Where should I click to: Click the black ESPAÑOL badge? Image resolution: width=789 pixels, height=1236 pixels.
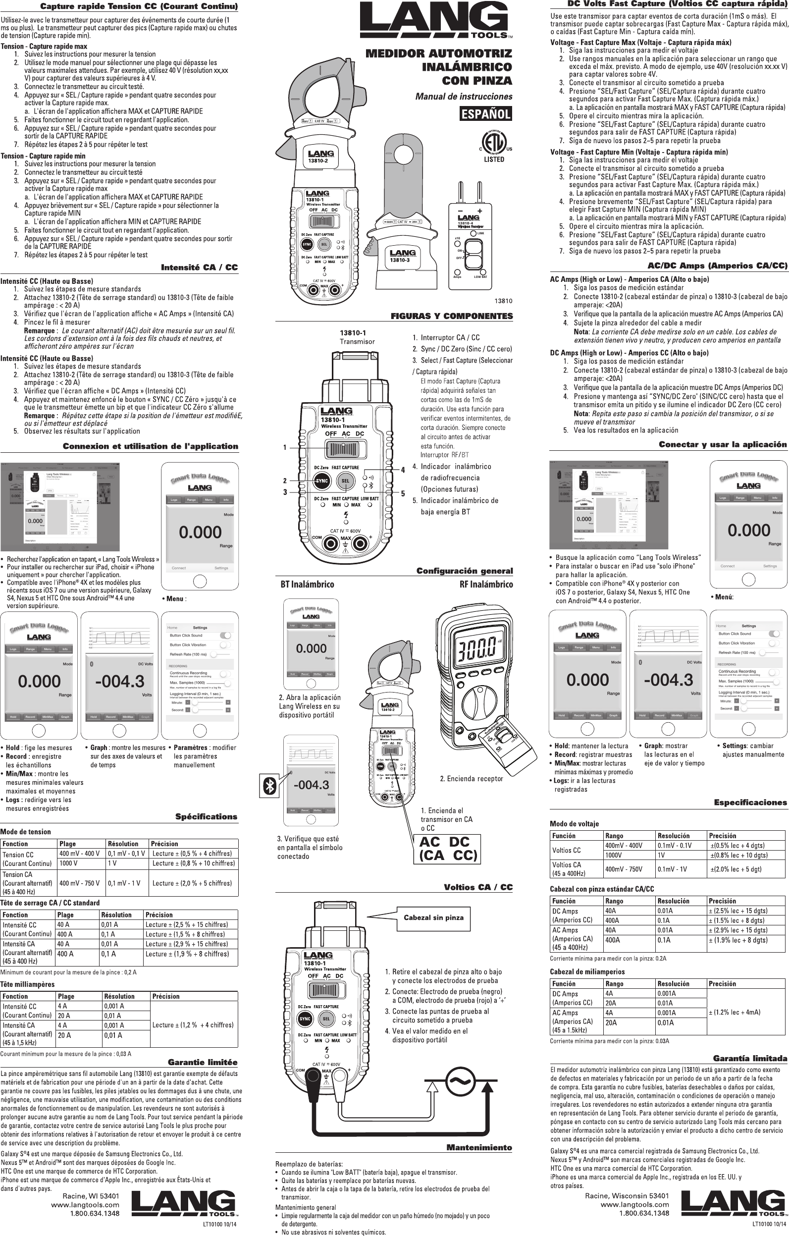pyautogui.click(x=485, y=113)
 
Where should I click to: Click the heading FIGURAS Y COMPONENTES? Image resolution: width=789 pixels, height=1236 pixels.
pyautogui.click(x=452, y=316)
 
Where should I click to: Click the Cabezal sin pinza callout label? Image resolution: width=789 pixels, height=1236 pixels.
pyautogui.click(x=433, y=917)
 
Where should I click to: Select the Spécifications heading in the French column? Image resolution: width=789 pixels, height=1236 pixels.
pyautogui.click(x=207, y=816)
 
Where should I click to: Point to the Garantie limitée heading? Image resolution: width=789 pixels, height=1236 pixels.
pyautogui.click(x=203, y=1062)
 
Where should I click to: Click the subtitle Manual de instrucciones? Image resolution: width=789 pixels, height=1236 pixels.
pyautogui.click(x=464, y=96)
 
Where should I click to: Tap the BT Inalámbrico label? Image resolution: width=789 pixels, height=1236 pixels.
pyautogui.click(x=307, y=584)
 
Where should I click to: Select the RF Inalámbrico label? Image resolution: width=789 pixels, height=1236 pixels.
pyautogui.click(x=485, y=584)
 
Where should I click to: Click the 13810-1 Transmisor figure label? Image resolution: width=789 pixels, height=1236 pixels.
pyautogui.click(x=357, y=337)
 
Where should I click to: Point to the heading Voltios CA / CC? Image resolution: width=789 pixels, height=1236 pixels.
pyautogui.click(x=478, y=887)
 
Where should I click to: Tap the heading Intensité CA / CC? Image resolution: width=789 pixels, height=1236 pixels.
pyautogui.click(x=199, y=268)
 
